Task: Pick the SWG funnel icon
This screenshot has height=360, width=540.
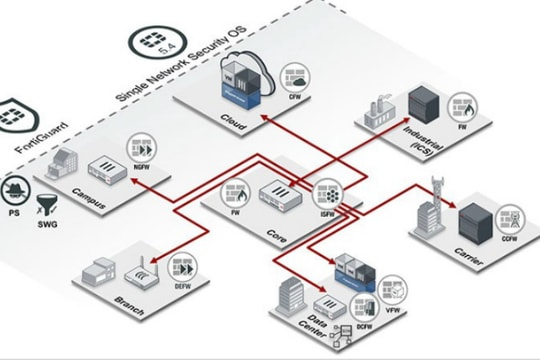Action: coord(43,207)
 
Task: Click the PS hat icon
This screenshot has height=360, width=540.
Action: coord(14,193)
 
